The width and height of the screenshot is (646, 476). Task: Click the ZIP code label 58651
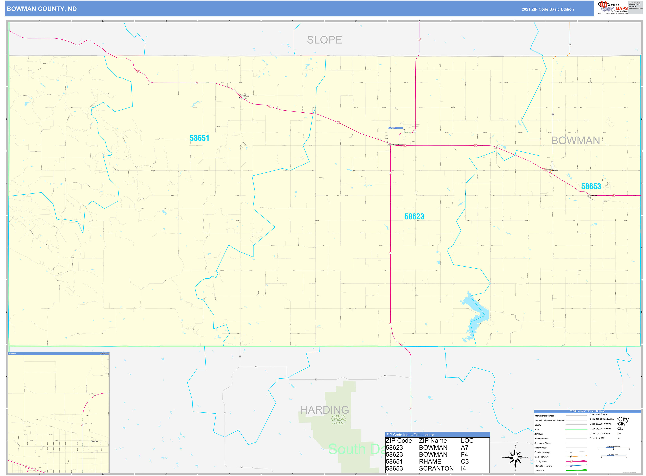tap(199, 138)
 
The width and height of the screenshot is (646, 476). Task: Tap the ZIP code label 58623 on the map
tap(414, 217)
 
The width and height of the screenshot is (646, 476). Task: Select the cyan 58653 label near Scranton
tap(591, 187)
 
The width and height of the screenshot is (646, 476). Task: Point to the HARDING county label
tap(324, 410)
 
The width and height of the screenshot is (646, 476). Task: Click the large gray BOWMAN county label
tap(575, 141)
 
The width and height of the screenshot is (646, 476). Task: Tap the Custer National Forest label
tap(338, 420)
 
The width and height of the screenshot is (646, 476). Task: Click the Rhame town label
tap(241, 98)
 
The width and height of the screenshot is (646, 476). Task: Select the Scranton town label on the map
tap(555, 170)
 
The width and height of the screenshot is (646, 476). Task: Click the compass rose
tap(515, 457)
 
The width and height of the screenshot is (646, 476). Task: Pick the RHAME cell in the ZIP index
tap(430, 461)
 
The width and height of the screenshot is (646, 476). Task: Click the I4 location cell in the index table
tap(463, 468)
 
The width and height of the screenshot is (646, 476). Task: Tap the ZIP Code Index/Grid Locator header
tap(410, 435)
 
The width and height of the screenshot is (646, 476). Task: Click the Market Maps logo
tap(612, 8)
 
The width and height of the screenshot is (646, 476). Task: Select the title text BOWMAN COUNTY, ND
tap(42, 9)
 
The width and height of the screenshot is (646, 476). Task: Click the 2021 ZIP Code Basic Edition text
tap(548, 9)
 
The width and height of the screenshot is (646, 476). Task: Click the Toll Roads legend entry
tap(539, 471)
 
